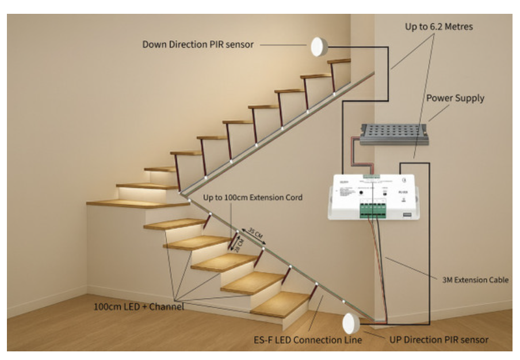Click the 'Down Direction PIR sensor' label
(x=198, y=44)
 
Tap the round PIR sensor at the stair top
(x=319, y=47)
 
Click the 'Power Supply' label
(x=455, y=98)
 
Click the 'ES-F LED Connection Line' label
(x=308, y=340)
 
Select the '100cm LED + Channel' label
(x=139, y=307)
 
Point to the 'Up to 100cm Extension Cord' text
(x=253, y=198)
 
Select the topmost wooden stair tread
(x=339, y=60)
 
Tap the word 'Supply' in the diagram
(x=469, y=98)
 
